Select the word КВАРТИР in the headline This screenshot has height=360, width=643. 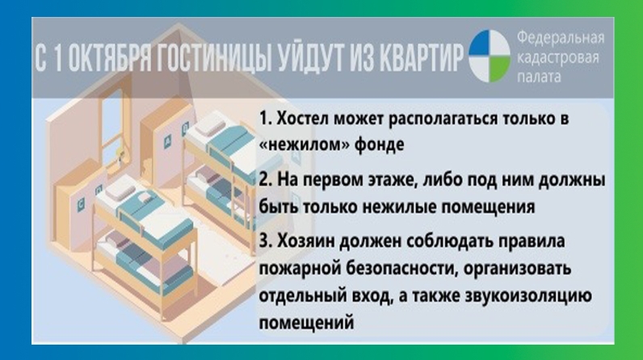[x=421, y=57]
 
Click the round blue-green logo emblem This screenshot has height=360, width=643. [x=490, y=57]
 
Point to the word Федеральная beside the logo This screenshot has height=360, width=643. [x=560, y=38]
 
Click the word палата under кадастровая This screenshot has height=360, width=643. [x=539, y=76]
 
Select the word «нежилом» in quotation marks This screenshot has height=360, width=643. [x=304, y=145]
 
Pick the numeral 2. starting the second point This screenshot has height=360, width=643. [x=265, y=180]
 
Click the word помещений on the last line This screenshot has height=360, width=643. [x=306, y=323]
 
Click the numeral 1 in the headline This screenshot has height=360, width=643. [x=57, y=58]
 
